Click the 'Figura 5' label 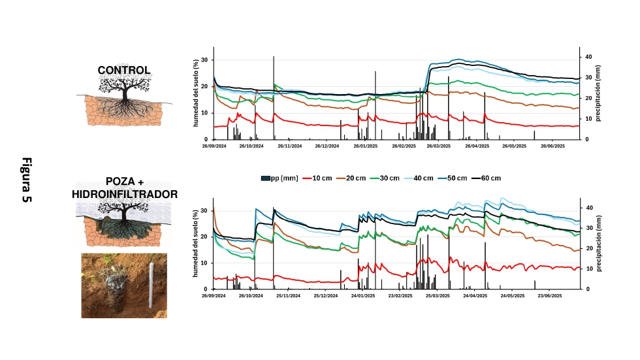(27, 180)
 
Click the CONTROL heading (124, 70)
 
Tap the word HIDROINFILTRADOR (124, 194)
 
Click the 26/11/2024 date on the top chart (289, 146)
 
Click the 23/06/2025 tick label (550, 296)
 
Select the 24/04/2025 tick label (475, 296)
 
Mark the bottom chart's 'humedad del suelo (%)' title (196, 243)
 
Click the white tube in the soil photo (151, 286)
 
